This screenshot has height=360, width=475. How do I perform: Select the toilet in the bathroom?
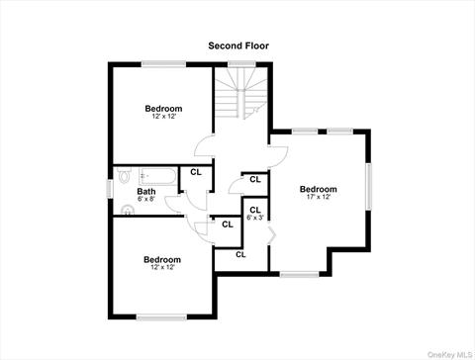(x=124, y=175)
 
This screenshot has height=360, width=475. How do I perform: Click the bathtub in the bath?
(x=157, y=176)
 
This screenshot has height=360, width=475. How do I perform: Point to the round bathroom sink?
(x=128, y=210)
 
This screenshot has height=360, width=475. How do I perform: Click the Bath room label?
(x=146, y=192)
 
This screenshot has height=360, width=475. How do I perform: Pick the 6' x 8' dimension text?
(x=145, y=199)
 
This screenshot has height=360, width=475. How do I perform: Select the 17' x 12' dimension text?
(x=319, y=197)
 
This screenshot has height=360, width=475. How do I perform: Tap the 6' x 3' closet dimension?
(x=255, y=218)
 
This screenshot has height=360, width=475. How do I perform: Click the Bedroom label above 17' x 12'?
(x=319, y=189)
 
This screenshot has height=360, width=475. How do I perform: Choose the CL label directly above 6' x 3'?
(x=255, y=210)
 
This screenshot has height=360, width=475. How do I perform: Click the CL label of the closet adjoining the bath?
(x=196, y=172)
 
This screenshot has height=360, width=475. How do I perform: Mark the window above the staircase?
(x=241, y=64)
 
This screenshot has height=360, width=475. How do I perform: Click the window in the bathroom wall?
(x=110, y=190)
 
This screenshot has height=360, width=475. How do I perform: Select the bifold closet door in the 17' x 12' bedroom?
(x=272, y=234)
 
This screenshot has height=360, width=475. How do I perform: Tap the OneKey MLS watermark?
(x=450, y=355)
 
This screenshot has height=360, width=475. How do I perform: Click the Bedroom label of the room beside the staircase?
(x=163, y=109)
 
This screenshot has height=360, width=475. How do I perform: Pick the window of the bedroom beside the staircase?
(x=164, y=64)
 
